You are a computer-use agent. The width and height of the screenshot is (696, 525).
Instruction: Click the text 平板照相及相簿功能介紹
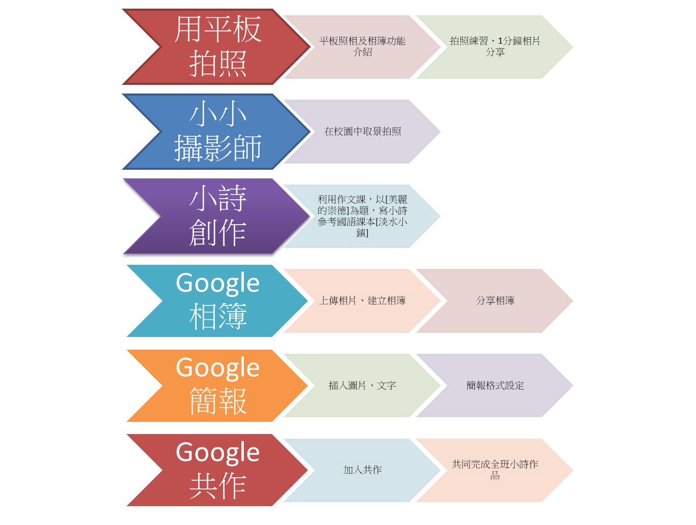(x=362, y=46)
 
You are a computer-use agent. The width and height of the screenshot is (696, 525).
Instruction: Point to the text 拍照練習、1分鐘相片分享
(x=495, y=46)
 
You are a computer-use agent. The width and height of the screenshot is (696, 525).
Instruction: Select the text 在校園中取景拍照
(x=362, y=132)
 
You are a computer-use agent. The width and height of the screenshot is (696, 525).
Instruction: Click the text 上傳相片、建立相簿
(x=362, y=301)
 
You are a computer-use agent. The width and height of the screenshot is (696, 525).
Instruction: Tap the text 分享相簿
(x=495, y=301)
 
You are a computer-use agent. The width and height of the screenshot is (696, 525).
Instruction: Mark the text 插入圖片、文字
(x=362, y=386)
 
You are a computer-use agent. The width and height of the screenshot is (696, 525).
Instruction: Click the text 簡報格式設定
(x=495, y=386)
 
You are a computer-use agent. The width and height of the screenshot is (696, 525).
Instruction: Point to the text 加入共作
(x=362, y=470)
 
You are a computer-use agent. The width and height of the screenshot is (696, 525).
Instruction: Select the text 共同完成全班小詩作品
(x=495, y=470)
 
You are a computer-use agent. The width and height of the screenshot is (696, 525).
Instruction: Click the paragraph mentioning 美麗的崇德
(x=362, y=216)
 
